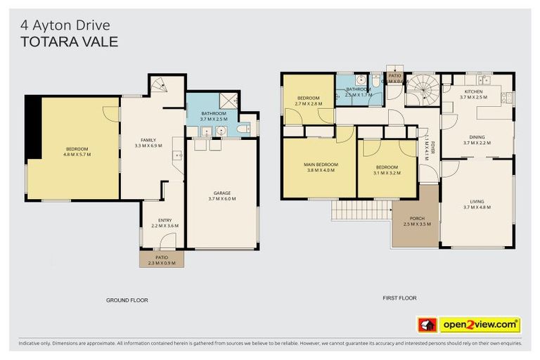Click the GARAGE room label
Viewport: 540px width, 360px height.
click(x=221, y=193)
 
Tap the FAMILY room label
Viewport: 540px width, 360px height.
click(x=148, y=139)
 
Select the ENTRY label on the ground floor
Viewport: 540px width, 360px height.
click(x=165, y=220)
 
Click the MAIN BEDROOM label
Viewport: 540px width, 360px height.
click(x=321, y=165)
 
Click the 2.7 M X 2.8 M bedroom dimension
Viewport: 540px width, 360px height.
click(x=308, y=103)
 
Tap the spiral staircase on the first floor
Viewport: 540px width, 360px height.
click(x=424, y=90)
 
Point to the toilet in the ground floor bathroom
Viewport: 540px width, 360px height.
click(x=243, y=129)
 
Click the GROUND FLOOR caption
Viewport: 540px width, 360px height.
click(x=127, y=300)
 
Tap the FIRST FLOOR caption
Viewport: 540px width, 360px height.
click(x=399, y=298)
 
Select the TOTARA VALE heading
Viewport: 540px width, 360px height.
click(x=69, y=41)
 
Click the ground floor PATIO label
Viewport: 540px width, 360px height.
click(x=162, y=257)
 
